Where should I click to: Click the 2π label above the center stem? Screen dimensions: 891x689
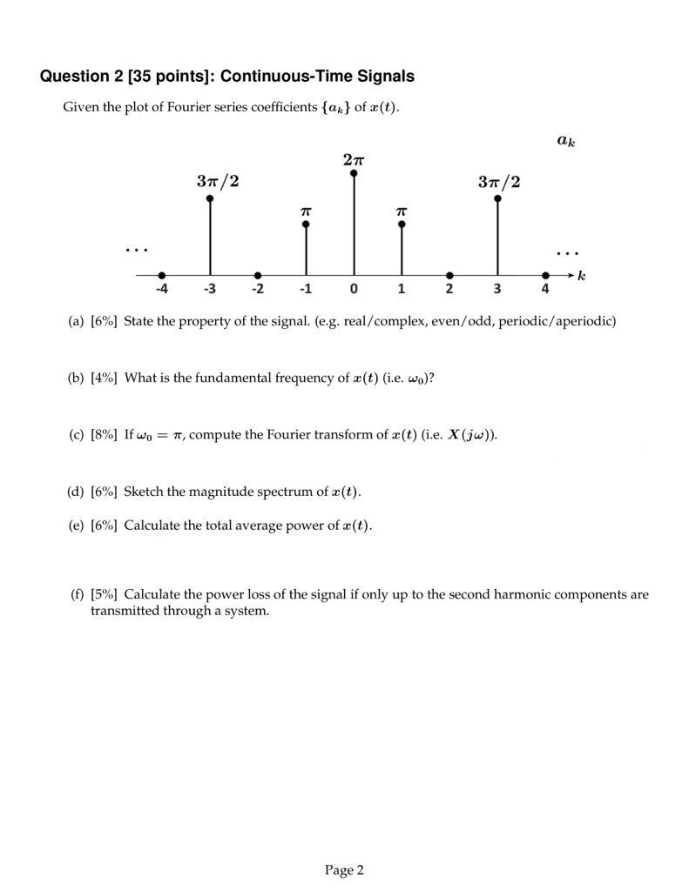[x=354, y=160]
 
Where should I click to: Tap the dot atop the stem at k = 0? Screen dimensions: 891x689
[x=354, y=174]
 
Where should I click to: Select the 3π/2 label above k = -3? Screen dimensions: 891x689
[x=218, y=182]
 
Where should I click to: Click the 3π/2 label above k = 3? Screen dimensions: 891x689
[x=499, y=182]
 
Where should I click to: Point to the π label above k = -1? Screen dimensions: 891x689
[x=306, y=211]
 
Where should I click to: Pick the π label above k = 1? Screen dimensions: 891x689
[x=402, y=211]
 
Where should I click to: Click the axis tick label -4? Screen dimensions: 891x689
[x=161, y=290]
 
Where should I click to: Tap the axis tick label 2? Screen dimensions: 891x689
[x=449, y=290]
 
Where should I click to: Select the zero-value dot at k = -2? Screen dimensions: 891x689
[x=258, y=275]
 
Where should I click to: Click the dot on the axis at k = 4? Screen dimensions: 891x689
[x=545, y=275]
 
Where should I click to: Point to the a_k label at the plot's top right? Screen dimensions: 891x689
[x=566, y=140]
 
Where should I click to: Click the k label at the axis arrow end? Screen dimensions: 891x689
[x=582, y=276]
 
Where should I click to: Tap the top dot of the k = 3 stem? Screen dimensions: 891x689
[x=497, y=198]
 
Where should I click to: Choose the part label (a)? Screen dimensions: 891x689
[x=76, y=321]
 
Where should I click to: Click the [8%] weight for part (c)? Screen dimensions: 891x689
[x=104, y=435]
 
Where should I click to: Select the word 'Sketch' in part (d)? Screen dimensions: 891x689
[x=142, y=492]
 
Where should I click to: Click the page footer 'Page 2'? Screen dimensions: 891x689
[x=344, y=870]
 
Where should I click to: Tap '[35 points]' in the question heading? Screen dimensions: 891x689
[x=171, y=77]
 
